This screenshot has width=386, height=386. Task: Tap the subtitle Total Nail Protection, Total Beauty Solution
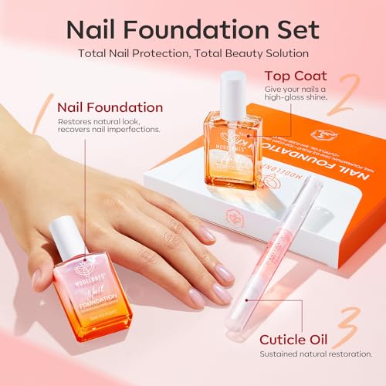point(193,55)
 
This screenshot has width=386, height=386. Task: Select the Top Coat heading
point(295,76)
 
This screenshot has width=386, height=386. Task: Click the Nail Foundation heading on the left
point(110,107)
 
